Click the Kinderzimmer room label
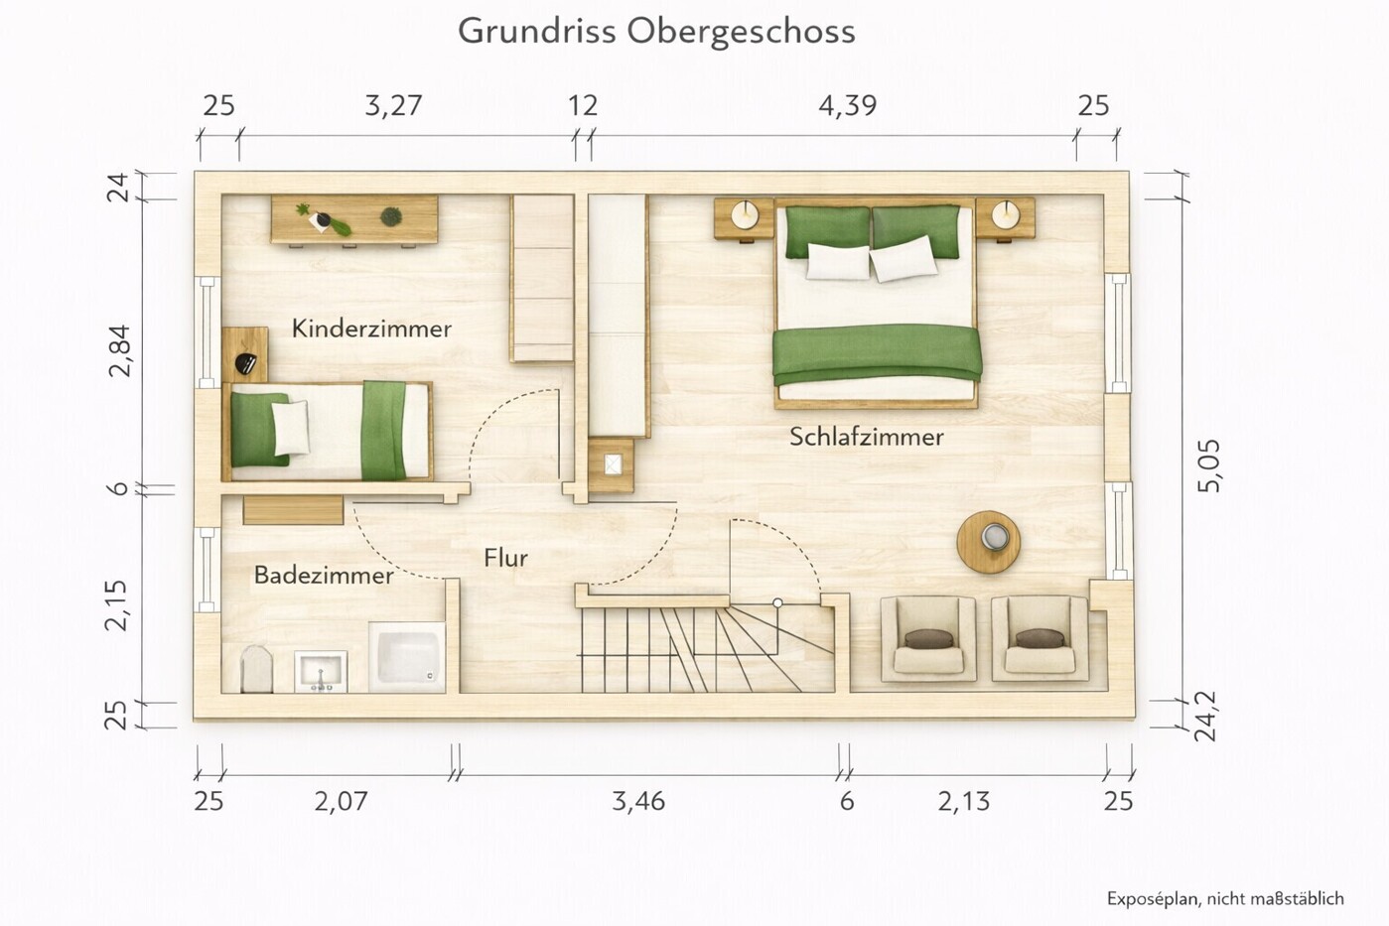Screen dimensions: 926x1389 [371, 329]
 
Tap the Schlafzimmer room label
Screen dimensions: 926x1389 [866, 437]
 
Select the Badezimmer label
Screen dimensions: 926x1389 [323, 575]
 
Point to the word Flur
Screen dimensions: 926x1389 [505, 558]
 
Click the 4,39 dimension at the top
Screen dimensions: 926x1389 [847, 105]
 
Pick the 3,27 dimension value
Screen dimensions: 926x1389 [393, 105]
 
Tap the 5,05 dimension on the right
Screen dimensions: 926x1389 [1209, 465]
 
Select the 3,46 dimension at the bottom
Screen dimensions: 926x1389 [638, 801]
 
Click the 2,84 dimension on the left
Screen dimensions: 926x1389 [119, 349]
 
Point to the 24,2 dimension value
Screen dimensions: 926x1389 [1205, 717]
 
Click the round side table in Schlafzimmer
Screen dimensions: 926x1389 [989, 542]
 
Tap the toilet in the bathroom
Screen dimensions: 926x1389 [256, 669]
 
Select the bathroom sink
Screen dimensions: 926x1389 [321, 671]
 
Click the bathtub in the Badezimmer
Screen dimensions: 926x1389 [407, 656]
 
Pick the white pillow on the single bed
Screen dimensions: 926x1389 [290, 428]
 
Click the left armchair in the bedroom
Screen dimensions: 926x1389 [928, 638]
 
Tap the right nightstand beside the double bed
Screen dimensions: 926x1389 [1005, 218]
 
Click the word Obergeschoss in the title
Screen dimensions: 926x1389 [741, 31]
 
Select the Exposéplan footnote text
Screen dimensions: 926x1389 [1225, 898]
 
